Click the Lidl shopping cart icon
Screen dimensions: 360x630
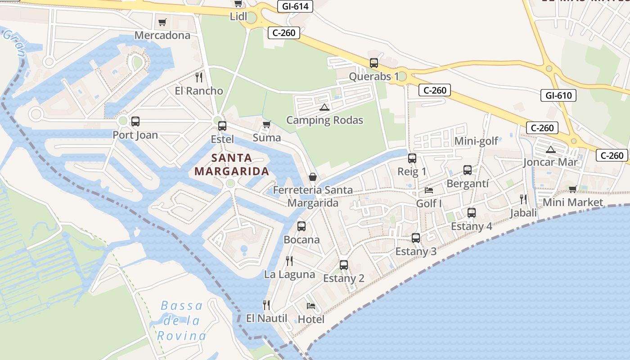(238, 4)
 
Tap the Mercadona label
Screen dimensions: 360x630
(162, 35)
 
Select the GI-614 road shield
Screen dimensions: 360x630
(295, 6)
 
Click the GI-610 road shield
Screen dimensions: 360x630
(558, 95)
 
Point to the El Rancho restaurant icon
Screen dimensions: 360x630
(199, 77)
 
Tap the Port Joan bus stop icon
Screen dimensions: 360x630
(135, 121)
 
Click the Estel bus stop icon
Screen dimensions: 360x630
(222, 126)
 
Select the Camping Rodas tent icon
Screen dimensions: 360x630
(324, 108)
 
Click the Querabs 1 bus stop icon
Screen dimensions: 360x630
(374, 63)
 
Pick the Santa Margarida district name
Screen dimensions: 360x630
(232, 165)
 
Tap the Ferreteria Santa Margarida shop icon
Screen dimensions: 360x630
(313, 177)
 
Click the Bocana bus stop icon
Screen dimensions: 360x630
(301, 226)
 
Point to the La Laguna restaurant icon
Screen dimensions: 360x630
(289, 261)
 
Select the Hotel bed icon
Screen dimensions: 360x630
(311, 306)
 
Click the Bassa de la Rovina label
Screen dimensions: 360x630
(182, 320)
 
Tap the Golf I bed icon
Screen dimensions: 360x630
(429, 190)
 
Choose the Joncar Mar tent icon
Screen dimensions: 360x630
(550, 149)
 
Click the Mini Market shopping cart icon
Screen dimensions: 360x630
(572, 189)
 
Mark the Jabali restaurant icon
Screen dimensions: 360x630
(523, 199)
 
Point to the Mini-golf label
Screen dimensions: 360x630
(476, 141)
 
